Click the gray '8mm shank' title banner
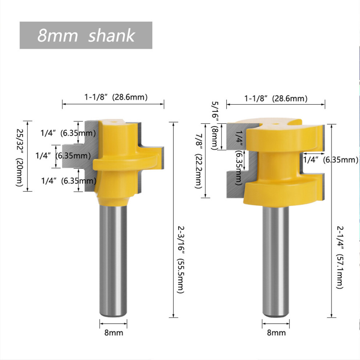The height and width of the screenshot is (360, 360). click(x=86, y=35)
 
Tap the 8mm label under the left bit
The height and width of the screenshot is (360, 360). click(x=114, y=332)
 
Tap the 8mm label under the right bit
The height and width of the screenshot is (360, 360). click(x=276, y=332)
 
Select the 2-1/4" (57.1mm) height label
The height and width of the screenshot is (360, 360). click(x=340, y=257)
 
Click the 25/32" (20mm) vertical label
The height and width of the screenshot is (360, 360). click(x=20, y=157)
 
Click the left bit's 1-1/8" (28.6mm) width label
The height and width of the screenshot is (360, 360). click(x=116, y=97)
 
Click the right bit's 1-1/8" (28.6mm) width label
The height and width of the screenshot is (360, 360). click(x=276, y=99)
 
